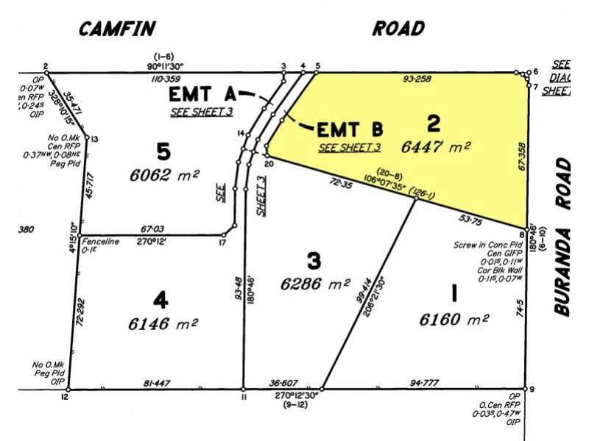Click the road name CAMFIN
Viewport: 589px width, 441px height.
(x=117, y=29)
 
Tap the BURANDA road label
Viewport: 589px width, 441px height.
(x=563, y=236)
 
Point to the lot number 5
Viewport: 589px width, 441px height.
(x=163, y=152)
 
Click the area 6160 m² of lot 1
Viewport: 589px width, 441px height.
(x=454, y=320)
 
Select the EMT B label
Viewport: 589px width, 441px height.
(x=350, y=130)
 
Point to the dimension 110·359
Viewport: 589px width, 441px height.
(x=166, y=79)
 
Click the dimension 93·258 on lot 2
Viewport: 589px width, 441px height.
(x=417, y=79)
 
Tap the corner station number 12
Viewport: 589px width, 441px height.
(x=65, y=398)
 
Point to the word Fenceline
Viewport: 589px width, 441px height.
(x=99, y=241)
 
